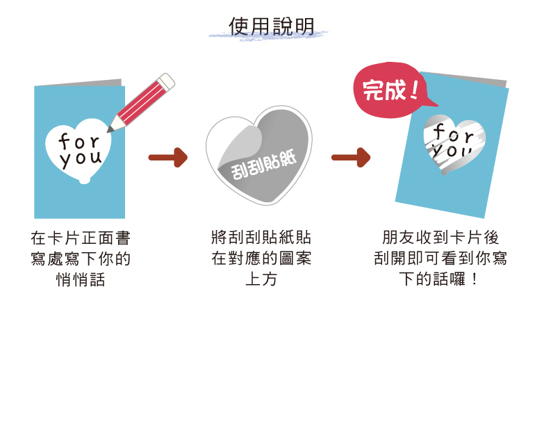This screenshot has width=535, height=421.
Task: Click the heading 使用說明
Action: [x=272, y=26]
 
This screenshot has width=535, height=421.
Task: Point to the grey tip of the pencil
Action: [x=111, y=129]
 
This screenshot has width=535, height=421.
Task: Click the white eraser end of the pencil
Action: [x=167, y=81]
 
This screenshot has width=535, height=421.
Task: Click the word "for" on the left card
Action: [x=79, y=141]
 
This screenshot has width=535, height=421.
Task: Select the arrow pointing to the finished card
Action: [x=351, y=158]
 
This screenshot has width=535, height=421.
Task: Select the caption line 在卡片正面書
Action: [x=81, y=238]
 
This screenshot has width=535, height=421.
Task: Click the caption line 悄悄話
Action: [x=81, y=280]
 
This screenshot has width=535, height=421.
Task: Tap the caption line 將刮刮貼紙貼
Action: [x=261, y=238]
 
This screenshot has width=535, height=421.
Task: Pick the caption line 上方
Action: [x=261, y=280]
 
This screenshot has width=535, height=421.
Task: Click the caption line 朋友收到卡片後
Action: [x=441, y=238]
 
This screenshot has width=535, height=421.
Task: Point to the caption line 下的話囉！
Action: [x=441, y=280]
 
